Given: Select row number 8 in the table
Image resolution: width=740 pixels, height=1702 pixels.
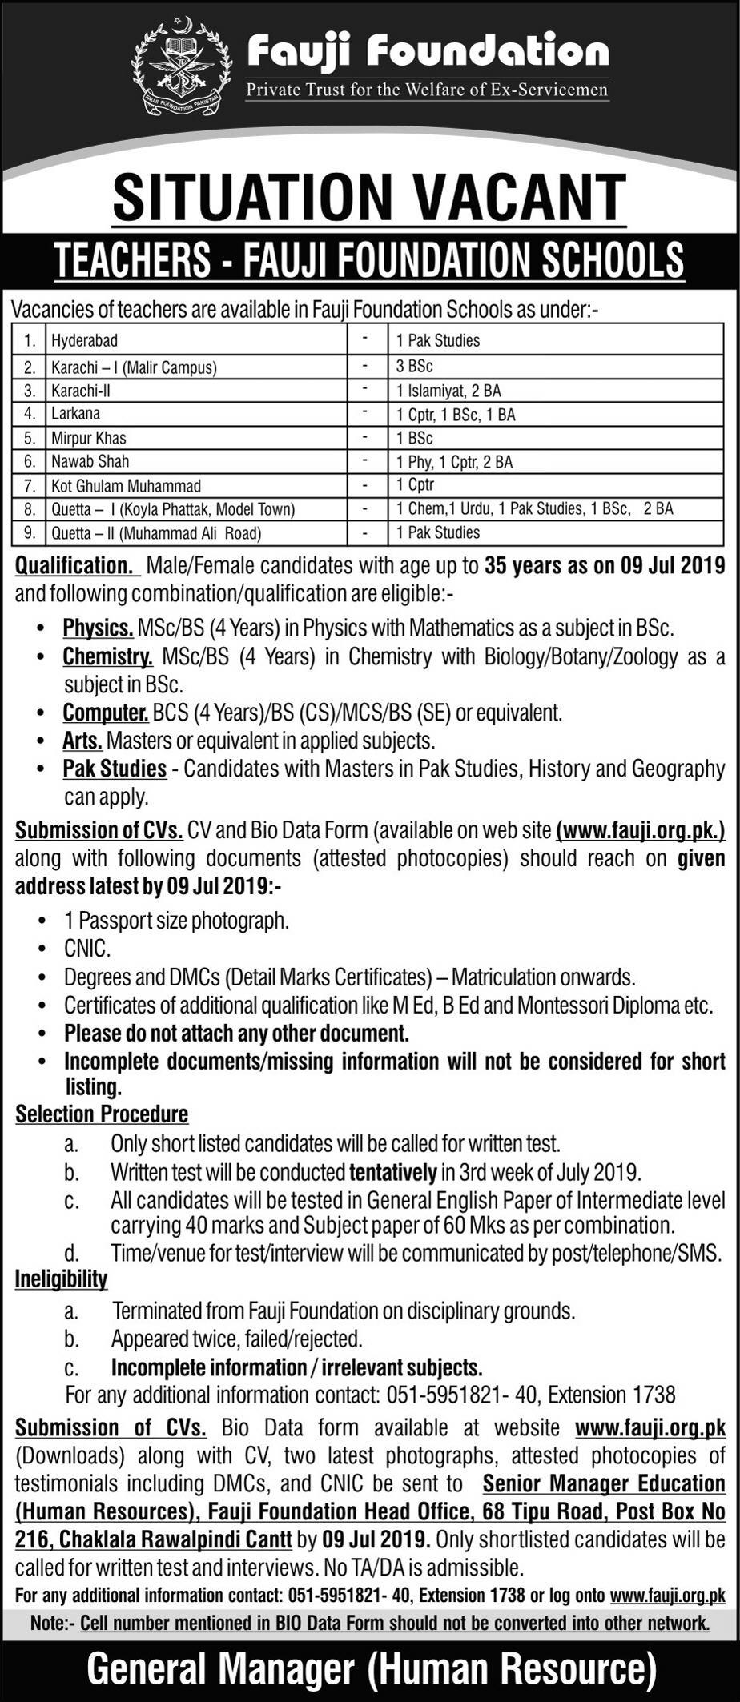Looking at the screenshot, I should [x=30, y=508].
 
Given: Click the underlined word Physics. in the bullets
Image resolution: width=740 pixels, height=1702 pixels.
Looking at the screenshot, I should [x=98, y=628].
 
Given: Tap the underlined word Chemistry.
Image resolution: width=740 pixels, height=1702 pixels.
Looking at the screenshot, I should [x=107, y=657].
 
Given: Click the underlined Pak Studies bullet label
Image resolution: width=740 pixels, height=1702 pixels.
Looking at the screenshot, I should [x=115, y=769].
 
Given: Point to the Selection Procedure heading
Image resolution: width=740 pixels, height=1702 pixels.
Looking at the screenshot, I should [x=102, y=1114].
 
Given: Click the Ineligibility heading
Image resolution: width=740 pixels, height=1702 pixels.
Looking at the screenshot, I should [x=61, y=1279].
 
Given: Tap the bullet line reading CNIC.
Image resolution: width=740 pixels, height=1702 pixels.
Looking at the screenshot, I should [x=87, y=949].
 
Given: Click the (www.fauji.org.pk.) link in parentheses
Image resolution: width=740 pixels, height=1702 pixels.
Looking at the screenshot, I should [x=640, y=831].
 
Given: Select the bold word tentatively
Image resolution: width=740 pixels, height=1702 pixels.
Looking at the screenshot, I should [x=392, y=1173].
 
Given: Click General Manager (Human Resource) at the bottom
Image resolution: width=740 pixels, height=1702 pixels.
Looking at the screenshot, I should [x=371, y=1670].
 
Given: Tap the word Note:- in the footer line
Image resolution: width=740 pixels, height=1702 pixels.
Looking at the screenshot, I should [x=52, y=1623].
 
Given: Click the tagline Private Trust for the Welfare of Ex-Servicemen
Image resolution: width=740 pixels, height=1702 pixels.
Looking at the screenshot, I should [x=427, y=89].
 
